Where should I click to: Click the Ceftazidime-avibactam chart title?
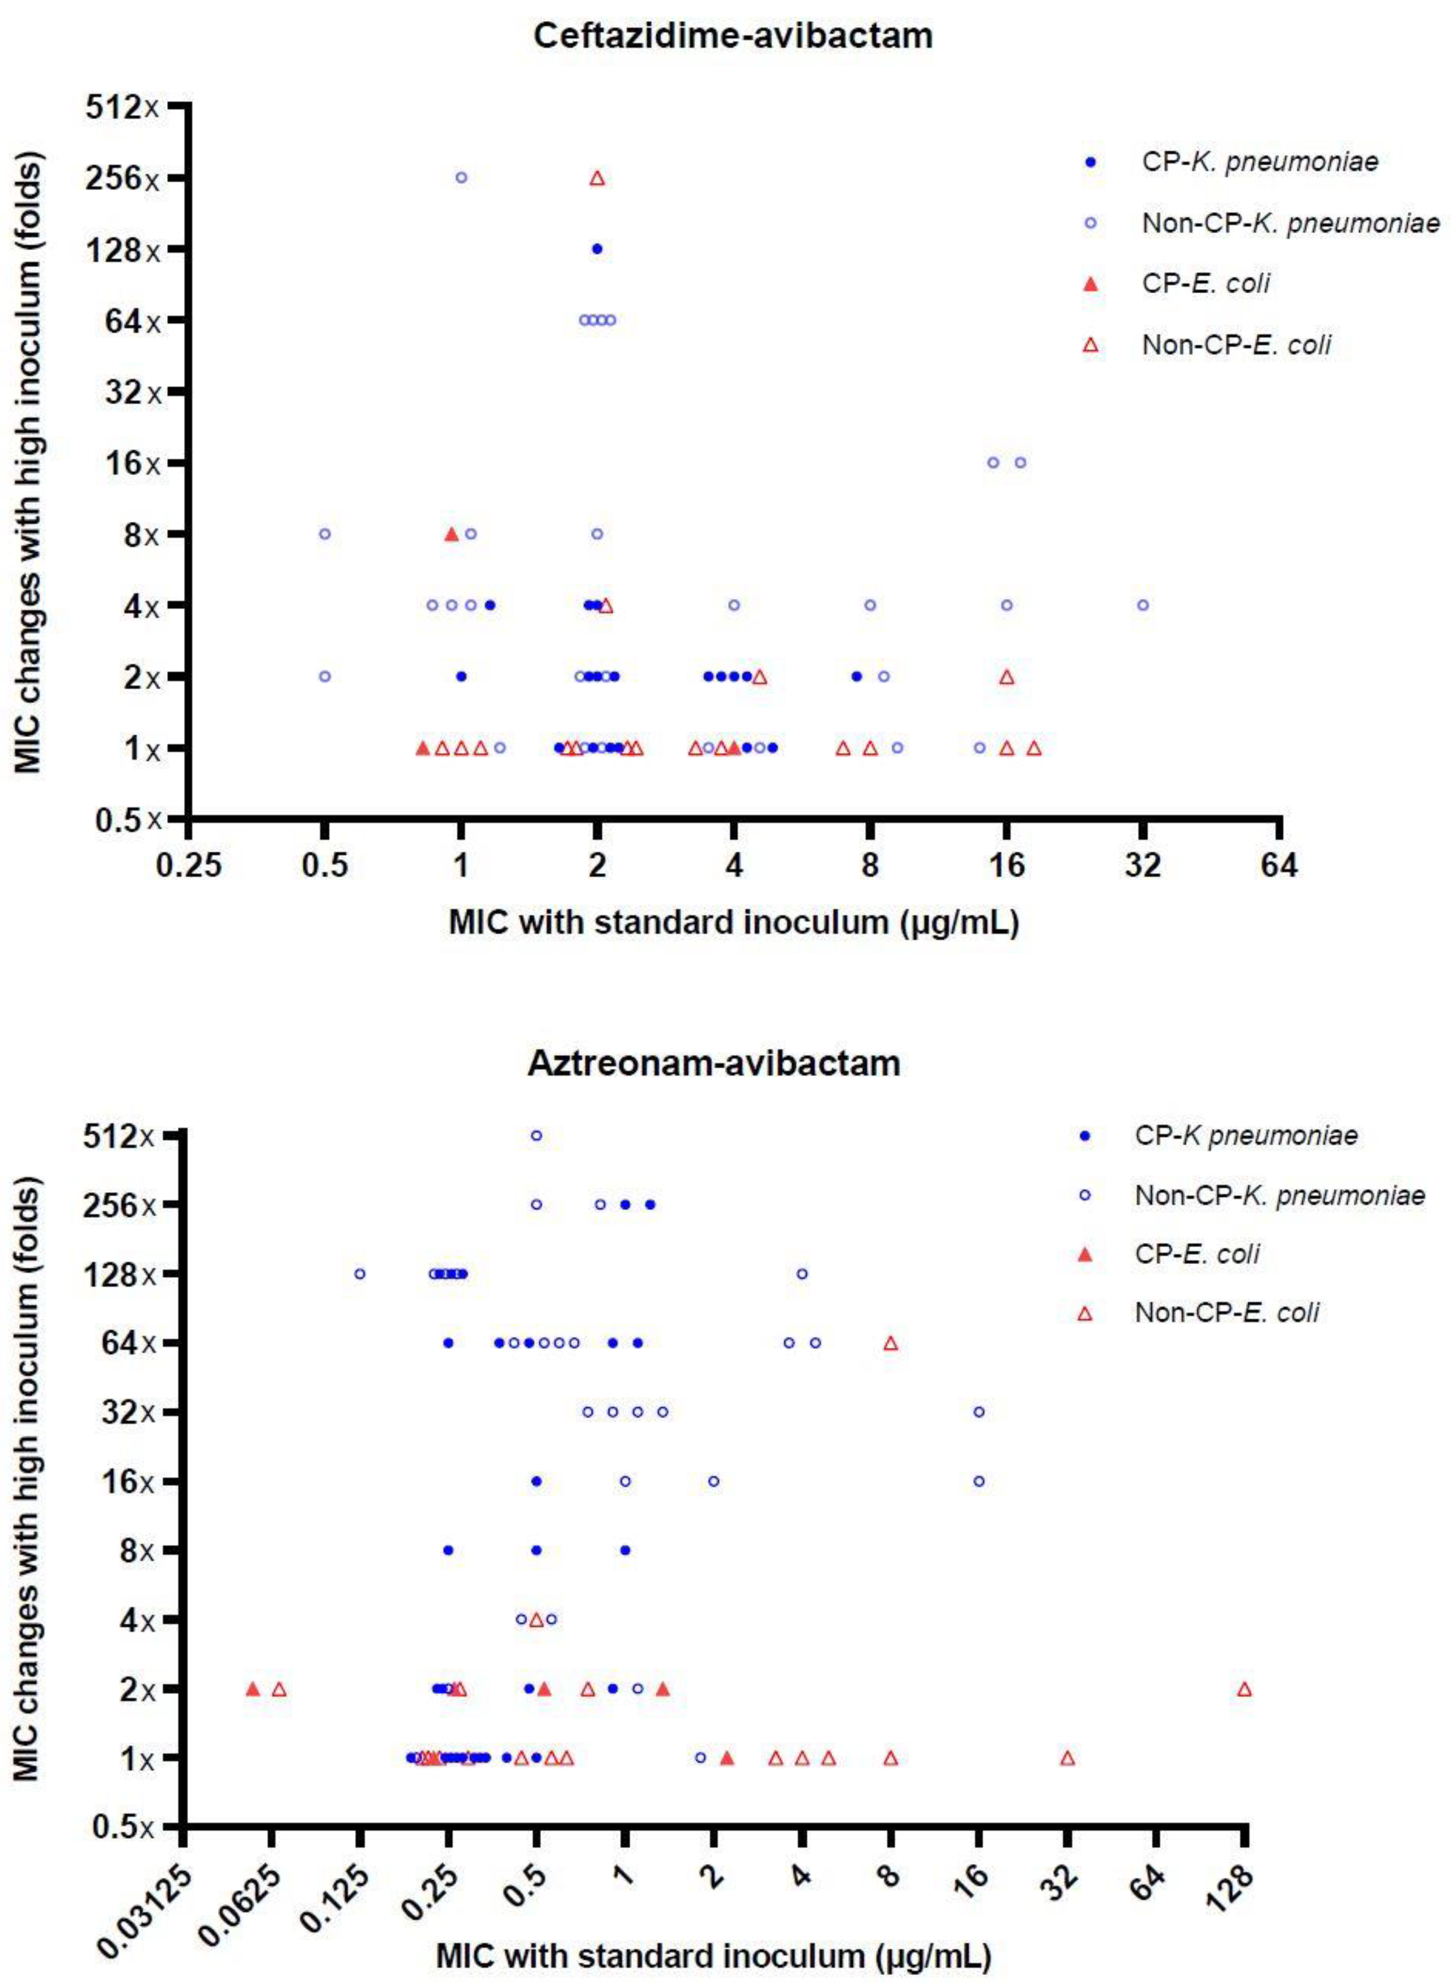[733, 36]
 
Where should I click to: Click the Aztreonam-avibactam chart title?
[713, 1062]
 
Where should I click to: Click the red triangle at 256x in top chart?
[597, 178]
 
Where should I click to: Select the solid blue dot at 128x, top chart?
[597, 249]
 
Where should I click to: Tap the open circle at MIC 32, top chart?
[1143, 605]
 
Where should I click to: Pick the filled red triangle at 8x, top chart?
[452, 534]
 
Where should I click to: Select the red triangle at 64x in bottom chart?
[891, 1343]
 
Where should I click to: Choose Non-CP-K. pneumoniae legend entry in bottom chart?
[1279, 1195]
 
